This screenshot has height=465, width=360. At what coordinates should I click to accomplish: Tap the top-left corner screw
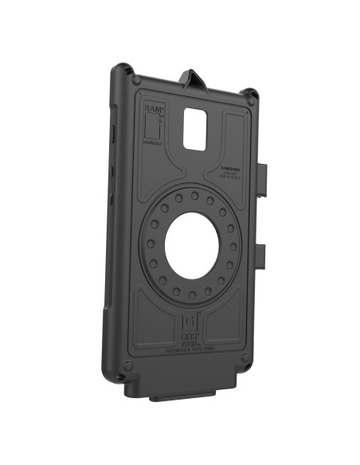(x=136, y=80)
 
